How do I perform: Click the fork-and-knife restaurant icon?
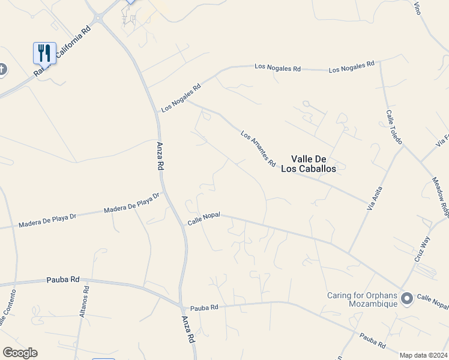point(44,53)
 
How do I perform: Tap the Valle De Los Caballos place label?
point(313,164)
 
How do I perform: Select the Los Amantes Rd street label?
point(258,149)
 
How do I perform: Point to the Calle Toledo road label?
point(394,127)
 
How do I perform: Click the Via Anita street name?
point(374,198)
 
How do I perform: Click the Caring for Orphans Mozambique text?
point(362,299)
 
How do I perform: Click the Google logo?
point(20,353)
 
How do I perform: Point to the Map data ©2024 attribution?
point(424,355)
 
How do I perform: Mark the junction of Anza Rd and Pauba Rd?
point(181,305)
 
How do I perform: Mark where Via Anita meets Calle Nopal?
point(349,252)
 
